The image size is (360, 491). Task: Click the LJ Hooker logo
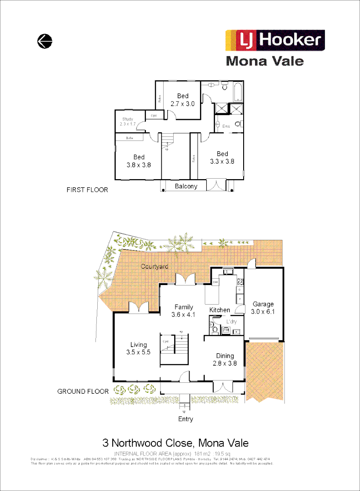click(275, 40)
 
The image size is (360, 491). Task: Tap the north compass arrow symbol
click(45, 41)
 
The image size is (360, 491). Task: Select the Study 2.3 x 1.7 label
click(127, 121)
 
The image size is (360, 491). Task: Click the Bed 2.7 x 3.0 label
click(183, 100)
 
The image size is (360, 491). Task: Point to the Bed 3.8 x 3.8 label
click(139, 161)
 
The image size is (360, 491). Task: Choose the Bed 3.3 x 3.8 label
click(222, 157)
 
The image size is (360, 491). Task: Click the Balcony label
click(186, 186)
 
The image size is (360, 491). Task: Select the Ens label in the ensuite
click(226, 126)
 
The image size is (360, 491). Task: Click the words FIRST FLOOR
click(87, 190)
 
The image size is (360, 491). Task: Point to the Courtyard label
click(155, 266)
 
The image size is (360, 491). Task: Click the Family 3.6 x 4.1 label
click(184, 311)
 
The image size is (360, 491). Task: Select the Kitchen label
click(220, 310)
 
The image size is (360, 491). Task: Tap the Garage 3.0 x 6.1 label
click(263, 308)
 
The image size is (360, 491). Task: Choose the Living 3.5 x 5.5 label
click(138, 348)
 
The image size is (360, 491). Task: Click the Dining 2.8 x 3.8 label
click(225, 359)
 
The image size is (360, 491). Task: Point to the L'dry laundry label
click(232, 322)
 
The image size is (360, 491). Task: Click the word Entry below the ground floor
click(185, 419)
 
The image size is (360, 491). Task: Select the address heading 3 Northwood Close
click(175, 443)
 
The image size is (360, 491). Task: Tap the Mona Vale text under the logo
click(265, 61)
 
